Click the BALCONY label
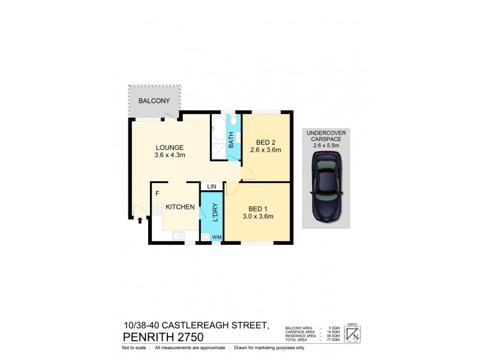[154, 101]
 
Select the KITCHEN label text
[180, 207]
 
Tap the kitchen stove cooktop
[158, 210]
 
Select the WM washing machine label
[215, 238]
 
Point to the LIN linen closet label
[211, 187]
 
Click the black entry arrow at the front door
[140, 220]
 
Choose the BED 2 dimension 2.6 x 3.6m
[265, 151]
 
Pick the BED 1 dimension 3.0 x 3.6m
[257, 217]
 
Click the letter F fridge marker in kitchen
[157, 194]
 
